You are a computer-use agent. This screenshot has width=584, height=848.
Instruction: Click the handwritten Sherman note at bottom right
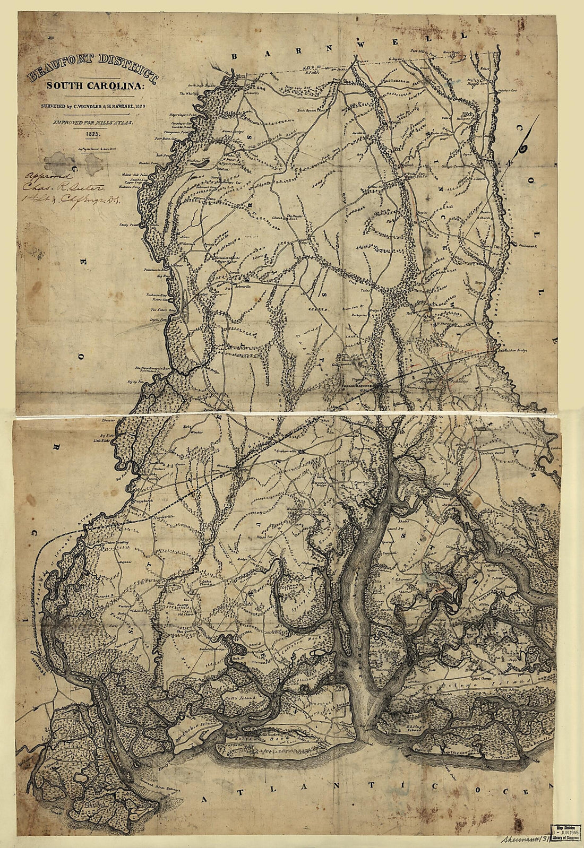(x=523, y=839)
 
